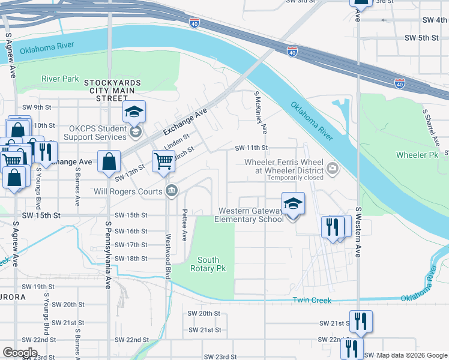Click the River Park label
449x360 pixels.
[60, 79]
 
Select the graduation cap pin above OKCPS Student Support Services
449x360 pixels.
[134, 111]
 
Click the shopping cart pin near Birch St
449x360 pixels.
[163, 161]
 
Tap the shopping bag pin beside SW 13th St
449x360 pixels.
[109, 162]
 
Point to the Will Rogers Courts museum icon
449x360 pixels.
[171, 191]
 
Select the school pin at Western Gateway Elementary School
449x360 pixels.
[293, 204]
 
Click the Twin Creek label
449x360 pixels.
[311, 300]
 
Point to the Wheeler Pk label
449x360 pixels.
[417, 155]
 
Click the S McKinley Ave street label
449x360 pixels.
[260, 112]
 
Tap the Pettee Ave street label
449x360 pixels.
[184, 224]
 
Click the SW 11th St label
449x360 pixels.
[250, 148]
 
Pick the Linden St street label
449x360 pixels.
[176, 143]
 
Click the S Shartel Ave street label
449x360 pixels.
[430, 127]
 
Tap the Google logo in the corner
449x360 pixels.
[20, 353]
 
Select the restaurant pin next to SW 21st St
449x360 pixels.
[361, 321]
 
